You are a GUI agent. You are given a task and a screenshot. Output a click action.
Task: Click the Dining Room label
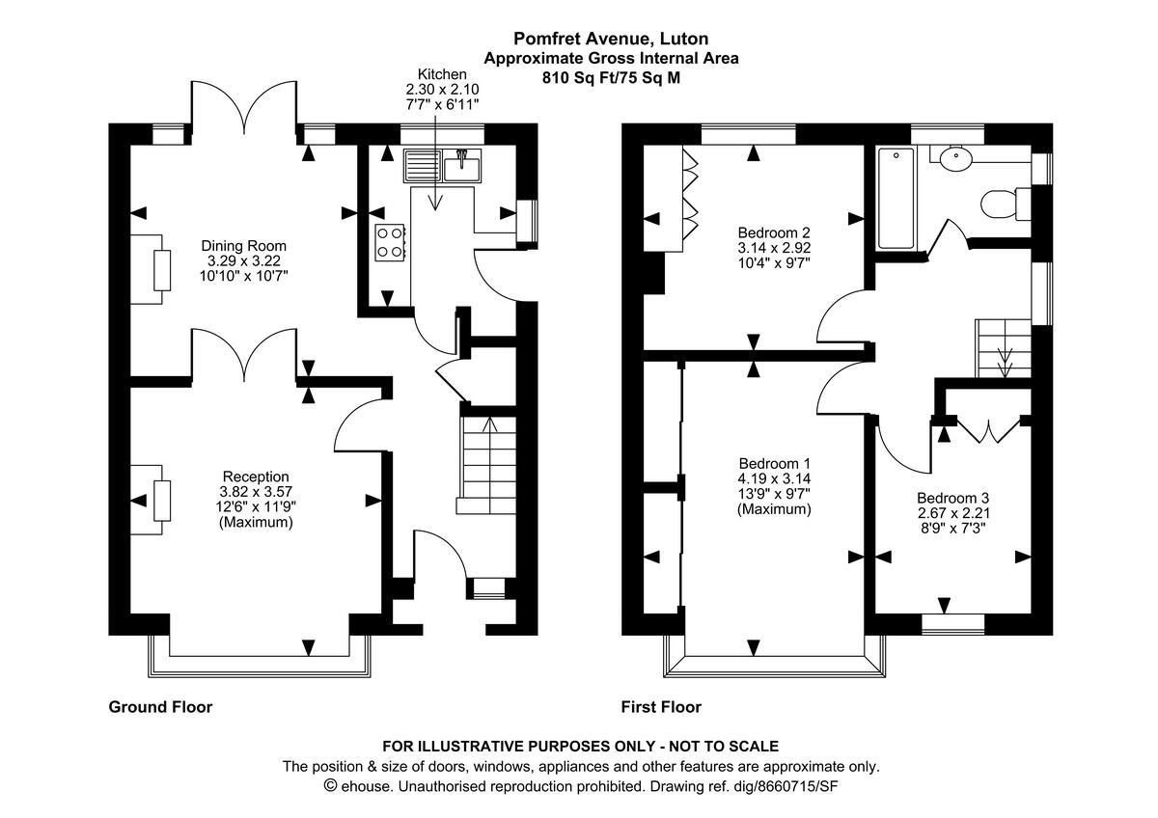coord(243,245)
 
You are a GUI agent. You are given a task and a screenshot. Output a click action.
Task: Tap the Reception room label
coord(256,477)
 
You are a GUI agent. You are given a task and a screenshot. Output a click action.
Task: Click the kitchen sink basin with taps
coord(462,167)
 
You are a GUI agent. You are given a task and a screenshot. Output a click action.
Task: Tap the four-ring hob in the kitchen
coord(390,241)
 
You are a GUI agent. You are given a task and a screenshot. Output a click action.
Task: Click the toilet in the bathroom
coord(997,204)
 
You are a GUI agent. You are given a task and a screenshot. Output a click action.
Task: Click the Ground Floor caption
coord(160,707)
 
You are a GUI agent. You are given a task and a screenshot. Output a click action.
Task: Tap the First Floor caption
coord(661,707)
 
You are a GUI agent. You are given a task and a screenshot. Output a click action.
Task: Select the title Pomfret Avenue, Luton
coord(611,40)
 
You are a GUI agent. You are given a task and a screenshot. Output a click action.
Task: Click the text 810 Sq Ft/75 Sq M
coord(611,78)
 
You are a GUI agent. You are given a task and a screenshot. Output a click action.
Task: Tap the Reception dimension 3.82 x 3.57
coord(256,492)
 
